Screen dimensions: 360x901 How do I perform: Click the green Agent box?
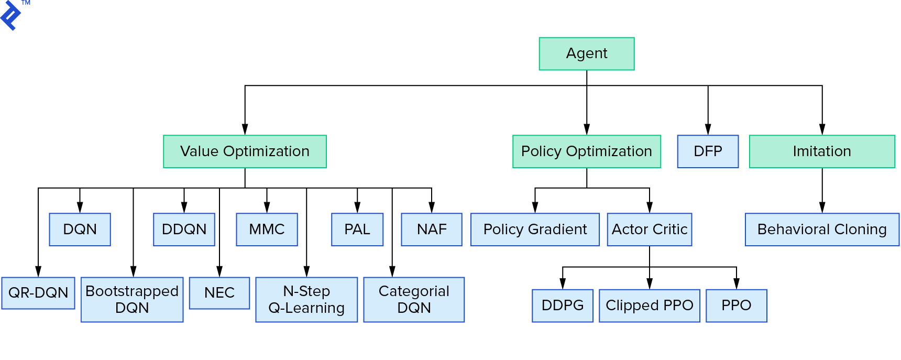586,53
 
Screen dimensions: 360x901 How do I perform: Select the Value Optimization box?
245,151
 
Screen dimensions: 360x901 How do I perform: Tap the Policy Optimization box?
586,151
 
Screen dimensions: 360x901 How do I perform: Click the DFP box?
707,151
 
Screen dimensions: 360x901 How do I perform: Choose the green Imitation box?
821,151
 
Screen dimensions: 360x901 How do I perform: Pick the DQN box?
80,230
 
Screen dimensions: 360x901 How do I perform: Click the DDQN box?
184,230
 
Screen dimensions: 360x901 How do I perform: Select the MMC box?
267,230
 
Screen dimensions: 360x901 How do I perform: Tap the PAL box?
357,230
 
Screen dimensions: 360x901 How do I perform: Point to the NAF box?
432,230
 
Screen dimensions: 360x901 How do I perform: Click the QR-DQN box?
38,293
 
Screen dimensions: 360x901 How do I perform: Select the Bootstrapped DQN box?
132,300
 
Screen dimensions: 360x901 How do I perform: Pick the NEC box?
219,293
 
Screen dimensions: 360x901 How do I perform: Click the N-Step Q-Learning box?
306,300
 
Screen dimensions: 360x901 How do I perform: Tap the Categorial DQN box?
414,300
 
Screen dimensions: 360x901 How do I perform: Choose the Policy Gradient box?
535,230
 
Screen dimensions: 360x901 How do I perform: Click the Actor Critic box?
649,230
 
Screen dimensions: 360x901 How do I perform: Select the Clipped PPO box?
649,306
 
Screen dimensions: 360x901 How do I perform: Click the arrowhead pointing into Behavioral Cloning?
822,207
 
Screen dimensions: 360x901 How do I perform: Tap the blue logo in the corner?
12,16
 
